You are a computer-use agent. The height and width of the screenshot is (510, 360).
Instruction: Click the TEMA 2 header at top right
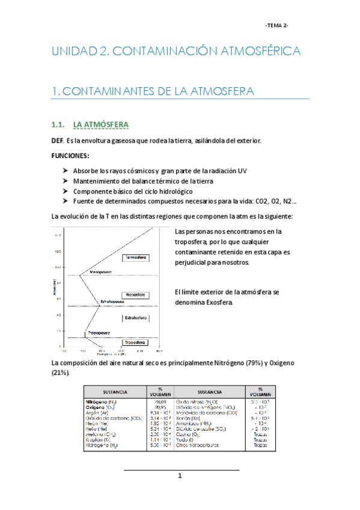[277, 25]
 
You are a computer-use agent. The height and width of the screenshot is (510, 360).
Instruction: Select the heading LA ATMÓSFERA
[99, 125]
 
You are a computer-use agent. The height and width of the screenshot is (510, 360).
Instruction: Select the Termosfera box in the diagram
[135, 258]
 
